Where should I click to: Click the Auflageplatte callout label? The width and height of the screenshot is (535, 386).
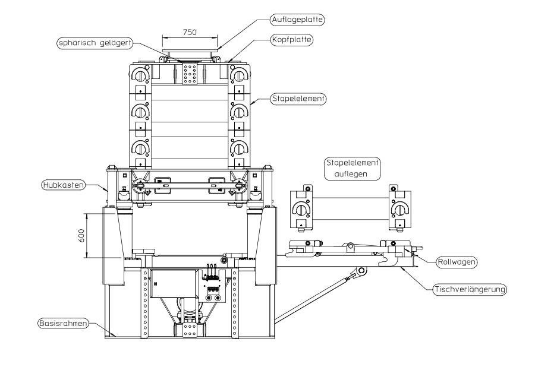[x=309, y=19]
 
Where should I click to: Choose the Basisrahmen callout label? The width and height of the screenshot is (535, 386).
[x=62, y=324]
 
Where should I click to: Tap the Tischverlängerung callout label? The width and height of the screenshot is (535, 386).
[x=470, y=290]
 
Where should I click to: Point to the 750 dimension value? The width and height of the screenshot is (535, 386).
[x=190, y=31]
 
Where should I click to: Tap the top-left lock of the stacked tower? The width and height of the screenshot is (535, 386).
[x=140, y=75]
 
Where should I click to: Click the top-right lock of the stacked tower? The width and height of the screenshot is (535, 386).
[x=238, y=75]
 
